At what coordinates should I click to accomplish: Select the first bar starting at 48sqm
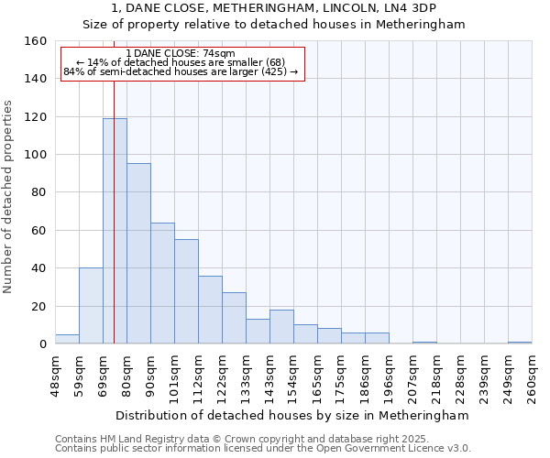pos(67,339)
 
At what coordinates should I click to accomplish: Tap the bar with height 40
pos(91,306)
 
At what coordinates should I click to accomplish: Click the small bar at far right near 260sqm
pos(520,343)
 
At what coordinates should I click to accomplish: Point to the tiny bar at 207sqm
pos(424,343)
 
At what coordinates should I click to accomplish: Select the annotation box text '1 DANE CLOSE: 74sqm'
pos(181,54)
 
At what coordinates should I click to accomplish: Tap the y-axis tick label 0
pos(42,344)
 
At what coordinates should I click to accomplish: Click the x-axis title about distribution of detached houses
pos(293,415)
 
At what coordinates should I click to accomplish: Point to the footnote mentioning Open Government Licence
pos(263,448)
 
